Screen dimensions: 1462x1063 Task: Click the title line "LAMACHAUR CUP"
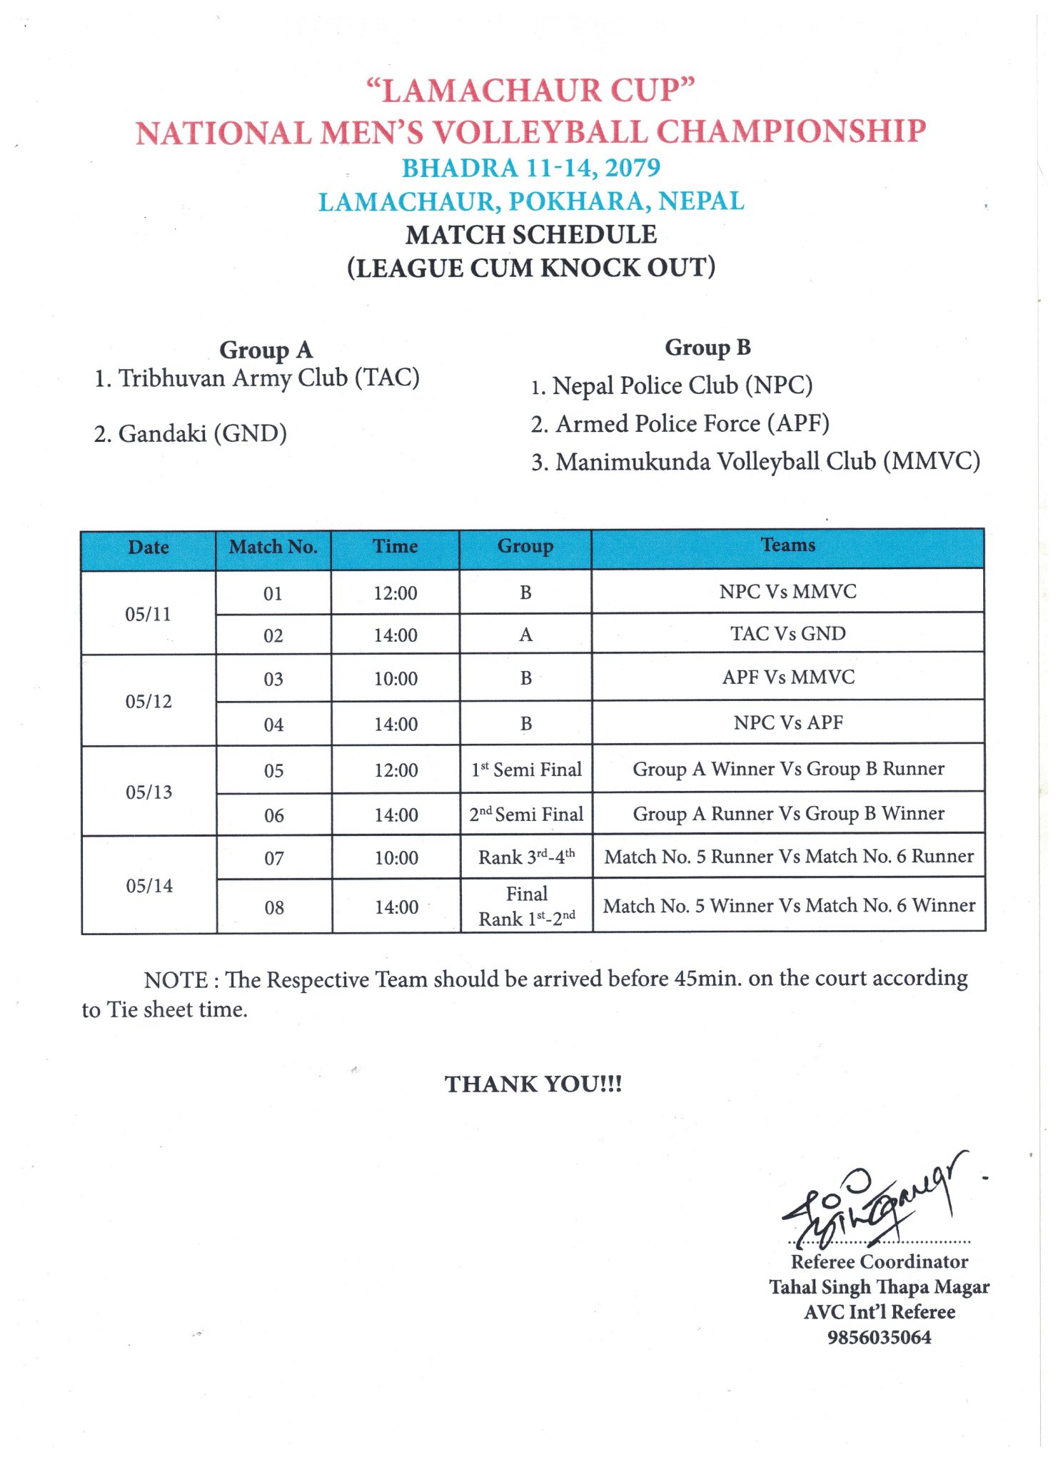(530, 90)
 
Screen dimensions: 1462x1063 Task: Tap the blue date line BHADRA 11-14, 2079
(530, 168)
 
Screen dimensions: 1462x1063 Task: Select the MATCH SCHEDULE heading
(531, 235)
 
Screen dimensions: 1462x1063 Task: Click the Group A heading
(266, 350)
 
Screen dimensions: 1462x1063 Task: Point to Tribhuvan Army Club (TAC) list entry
(257, 378)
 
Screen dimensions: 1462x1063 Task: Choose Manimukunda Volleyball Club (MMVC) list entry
(755, 462)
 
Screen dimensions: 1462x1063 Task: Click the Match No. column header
(273, 548)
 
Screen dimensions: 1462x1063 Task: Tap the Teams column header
(787, 546)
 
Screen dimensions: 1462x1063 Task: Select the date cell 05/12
(148, 702)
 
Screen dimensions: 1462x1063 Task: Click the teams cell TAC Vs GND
(787, 634)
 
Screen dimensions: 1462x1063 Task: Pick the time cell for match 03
(396, 679)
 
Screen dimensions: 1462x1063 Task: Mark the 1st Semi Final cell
(526, 770)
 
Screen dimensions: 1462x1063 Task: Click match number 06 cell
(274, 815)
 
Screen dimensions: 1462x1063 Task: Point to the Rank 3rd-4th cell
(526, 857)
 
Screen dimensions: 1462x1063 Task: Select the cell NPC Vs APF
(788, 723)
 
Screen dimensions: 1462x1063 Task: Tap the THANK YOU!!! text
(533, 1084)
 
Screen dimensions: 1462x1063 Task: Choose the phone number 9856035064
(879, 1337)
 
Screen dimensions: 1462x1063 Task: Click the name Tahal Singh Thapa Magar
(879, 1286)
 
